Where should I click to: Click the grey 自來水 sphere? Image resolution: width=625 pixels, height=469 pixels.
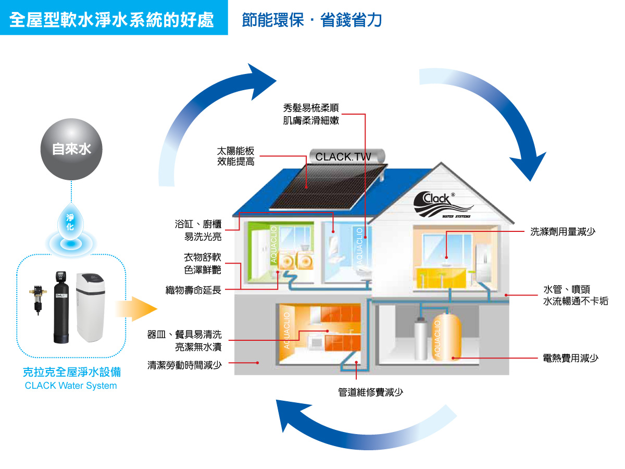tap(71, 150)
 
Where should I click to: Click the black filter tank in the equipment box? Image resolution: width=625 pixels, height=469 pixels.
tap(62, 307)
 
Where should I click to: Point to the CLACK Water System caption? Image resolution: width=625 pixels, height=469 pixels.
tap(71, 386)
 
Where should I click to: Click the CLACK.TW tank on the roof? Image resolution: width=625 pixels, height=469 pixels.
tap(347, 156)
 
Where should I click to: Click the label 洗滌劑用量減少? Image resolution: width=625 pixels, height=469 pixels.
tap(562, 232)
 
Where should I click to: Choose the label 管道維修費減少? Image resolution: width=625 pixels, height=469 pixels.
tap(371, 392)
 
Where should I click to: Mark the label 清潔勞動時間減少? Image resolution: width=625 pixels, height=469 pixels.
tap(185, 365)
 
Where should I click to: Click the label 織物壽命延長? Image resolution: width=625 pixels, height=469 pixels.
tap(193, 290)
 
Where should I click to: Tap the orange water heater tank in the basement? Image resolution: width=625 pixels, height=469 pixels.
tap(447, 337)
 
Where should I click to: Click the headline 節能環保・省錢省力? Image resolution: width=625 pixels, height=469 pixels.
tap(312, 20)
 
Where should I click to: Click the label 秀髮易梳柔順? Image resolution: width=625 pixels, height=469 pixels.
tap(311, 108)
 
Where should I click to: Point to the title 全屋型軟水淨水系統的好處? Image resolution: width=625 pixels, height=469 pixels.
tap(111, 20)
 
